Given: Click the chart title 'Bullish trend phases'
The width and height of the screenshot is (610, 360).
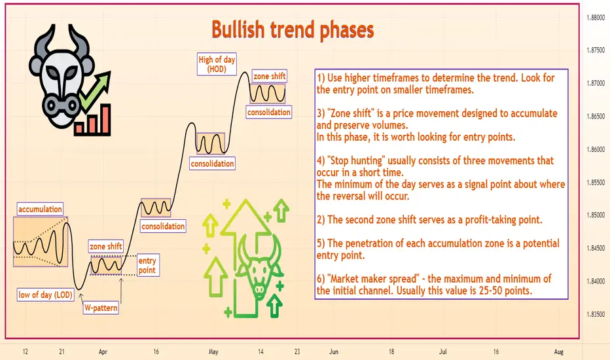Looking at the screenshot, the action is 293,30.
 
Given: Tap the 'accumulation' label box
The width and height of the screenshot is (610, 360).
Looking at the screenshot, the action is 40,209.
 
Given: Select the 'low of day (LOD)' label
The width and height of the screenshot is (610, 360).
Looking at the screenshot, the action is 46,295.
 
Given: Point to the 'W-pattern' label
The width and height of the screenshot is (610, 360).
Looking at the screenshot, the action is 101,308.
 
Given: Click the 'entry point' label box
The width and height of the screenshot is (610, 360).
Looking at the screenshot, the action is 147,266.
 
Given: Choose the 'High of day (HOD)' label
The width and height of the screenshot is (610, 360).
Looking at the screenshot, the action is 217,64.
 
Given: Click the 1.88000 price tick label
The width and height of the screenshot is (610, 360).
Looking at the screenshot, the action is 596,18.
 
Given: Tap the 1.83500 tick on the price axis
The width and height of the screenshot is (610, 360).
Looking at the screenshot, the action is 596,314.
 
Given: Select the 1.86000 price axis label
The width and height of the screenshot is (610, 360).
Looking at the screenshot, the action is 596,149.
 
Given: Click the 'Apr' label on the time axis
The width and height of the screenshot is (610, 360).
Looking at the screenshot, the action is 103,352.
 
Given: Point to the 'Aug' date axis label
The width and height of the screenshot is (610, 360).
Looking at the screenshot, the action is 559,352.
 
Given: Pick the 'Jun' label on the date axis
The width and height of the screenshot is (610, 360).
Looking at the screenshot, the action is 333,352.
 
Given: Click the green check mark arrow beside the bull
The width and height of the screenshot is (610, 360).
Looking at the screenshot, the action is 94,90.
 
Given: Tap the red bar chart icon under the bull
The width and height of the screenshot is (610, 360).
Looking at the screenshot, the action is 92,120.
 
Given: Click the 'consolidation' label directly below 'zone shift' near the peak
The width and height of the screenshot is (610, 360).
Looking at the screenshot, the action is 269,112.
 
